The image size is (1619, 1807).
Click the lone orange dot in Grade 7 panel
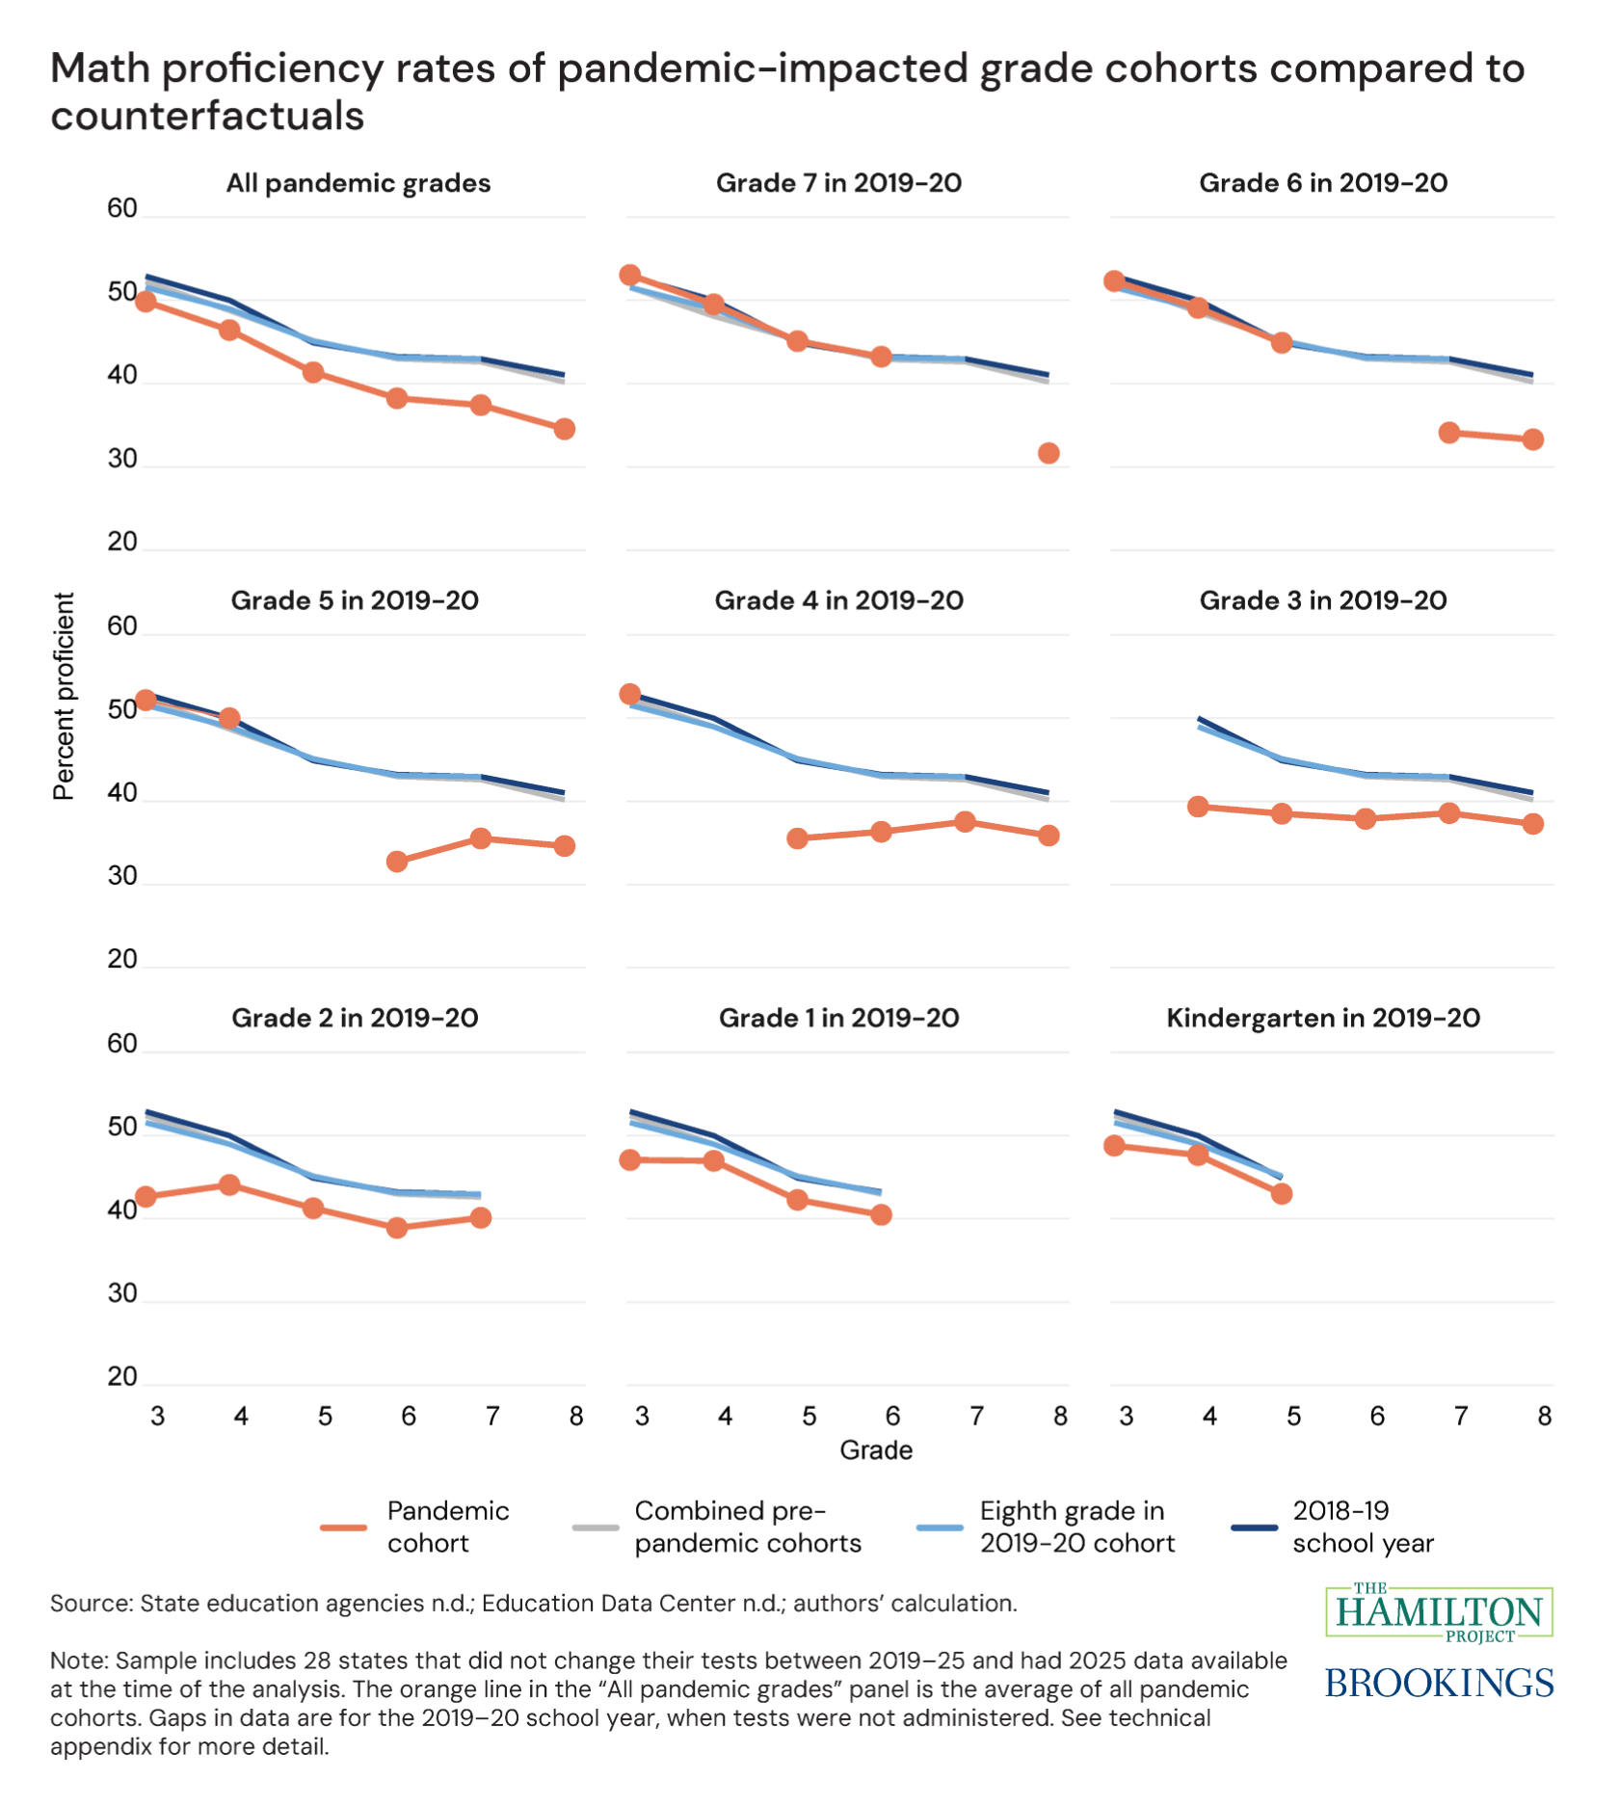click(1048, 453)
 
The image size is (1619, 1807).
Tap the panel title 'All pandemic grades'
click(358, 183)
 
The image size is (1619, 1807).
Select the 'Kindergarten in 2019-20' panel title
click(1322, 1018)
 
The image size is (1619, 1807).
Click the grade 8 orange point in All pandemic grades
click(565, 429)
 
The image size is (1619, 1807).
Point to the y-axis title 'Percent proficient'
click(64, 696)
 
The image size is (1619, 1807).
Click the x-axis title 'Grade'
click(875, 1449)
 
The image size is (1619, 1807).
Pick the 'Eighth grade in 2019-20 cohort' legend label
click(1076, 1527)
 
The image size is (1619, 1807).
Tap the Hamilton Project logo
click(1439, 1612)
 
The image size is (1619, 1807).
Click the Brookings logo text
click(1439, 1683)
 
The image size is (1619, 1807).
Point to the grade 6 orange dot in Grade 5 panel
click(397, 862)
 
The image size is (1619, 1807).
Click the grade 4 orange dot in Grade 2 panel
click(229, 1184)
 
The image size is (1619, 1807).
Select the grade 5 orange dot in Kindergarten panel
click(1281, 1193)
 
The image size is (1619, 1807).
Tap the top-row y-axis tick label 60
click(122, 208)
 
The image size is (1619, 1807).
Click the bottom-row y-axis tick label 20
click(122, 1376)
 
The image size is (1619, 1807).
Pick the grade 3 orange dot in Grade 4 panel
click(629, 694)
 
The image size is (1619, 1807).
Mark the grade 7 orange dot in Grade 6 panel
click(1448, 433)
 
